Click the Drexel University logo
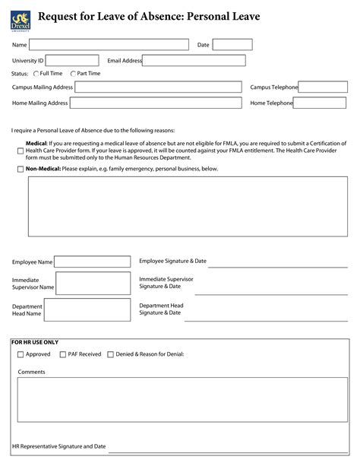pos(19,17)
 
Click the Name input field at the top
pos(109,45)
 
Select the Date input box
pos(232,45)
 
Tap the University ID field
pos(72,60)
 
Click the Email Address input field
pos(194,60)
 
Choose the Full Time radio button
pos(36,74)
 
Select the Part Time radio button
pos(73,74)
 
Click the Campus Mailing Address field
pos(158,87)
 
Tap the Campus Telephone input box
pos(322,87)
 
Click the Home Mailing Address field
pos(158,103)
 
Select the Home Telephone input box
pos(320,103)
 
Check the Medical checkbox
pos(21,151)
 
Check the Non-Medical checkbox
pos(21,169)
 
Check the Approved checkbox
pos(21,354)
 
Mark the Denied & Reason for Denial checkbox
pos(110,354)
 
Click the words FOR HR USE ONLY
pos(35,342)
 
